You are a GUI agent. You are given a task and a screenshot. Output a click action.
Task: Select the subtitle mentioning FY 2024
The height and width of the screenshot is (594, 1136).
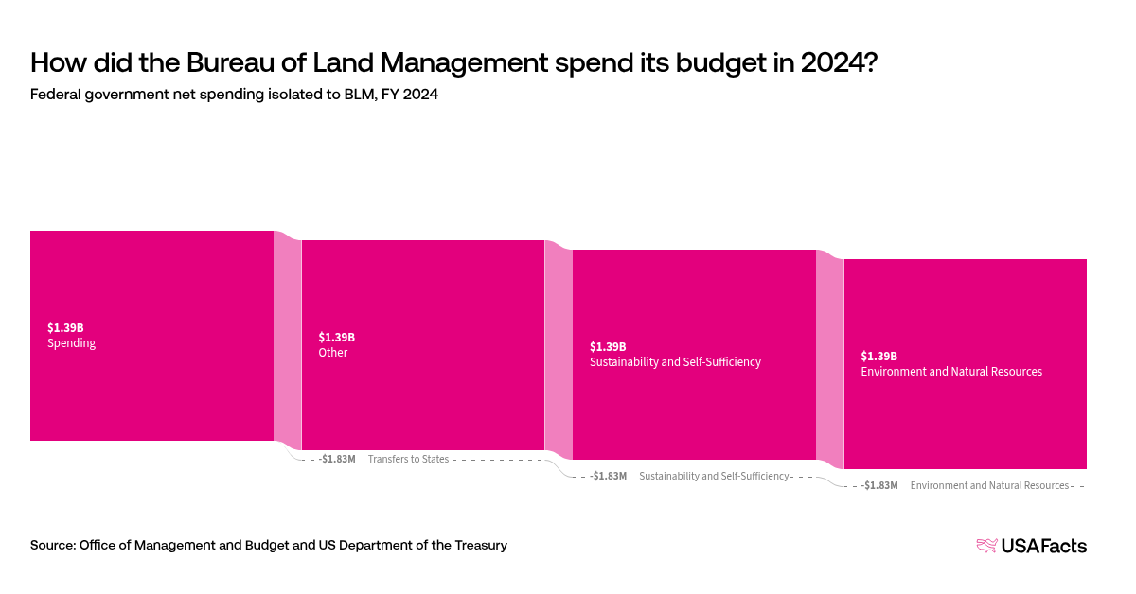[234, 95]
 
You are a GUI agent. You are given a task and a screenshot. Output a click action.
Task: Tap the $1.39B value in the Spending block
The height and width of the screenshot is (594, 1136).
[65, 327]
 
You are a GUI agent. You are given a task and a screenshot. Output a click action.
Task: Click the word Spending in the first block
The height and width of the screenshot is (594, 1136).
[71, 343]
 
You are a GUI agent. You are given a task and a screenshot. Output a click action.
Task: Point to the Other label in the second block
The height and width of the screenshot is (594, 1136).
[333, 353]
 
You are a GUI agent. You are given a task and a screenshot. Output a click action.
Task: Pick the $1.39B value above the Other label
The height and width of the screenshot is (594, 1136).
[336, 337]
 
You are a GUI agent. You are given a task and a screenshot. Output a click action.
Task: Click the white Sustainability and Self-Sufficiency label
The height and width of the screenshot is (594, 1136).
[675, 362]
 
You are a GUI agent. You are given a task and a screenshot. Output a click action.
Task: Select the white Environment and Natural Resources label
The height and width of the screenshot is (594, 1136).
[951, 372]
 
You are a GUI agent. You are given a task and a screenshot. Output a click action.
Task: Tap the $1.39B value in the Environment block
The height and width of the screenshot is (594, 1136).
[879, 356]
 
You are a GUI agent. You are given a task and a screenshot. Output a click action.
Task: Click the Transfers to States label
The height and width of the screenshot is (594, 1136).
[408, 459]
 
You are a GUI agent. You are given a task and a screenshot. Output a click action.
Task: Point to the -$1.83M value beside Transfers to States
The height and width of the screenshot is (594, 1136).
[338, 459]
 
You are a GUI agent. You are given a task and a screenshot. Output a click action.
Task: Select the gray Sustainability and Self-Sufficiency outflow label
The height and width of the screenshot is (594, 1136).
[714, 476]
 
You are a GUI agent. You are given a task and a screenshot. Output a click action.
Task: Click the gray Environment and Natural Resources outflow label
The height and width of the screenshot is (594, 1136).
[989, 485]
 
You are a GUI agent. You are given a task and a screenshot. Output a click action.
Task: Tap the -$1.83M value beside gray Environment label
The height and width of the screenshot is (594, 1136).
[880, 485]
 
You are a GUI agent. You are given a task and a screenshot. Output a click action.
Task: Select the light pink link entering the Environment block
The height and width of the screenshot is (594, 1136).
[829, 359]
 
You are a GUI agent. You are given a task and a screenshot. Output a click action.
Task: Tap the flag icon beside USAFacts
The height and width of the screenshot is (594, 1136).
[986, 546]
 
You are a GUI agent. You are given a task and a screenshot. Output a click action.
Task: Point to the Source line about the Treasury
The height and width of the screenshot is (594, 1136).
[269, 545]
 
